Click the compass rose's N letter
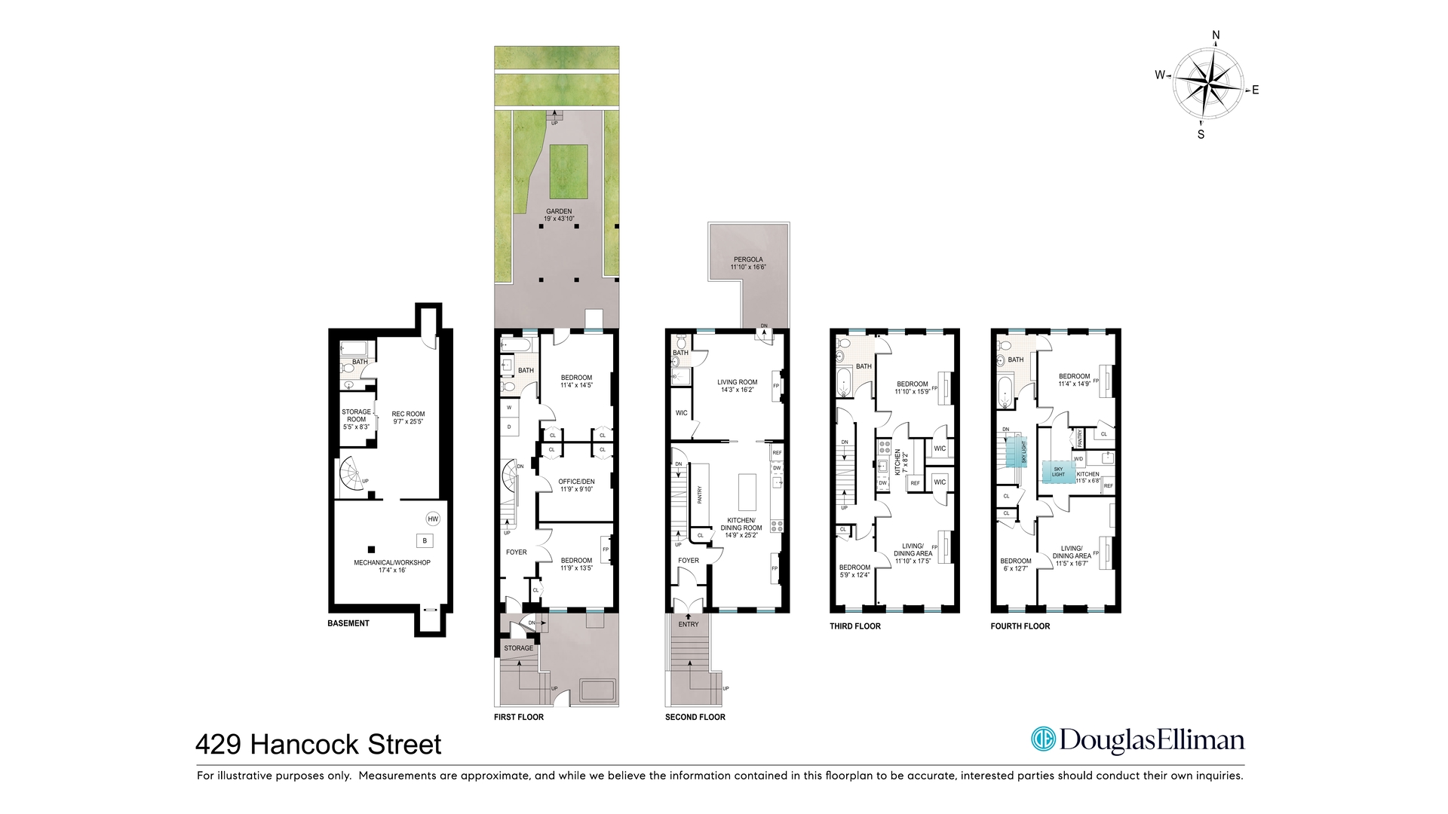(1216, 35)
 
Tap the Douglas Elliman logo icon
(1043, 739)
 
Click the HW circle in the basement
(433, 519)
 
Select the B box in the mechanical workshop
(425, 540)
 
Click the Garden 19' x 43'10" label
(559, 215)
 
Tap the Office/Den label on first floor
(576, 485)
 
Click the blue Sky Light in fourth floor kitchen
(1059, 472)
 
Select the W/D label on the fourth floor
(1078, 458)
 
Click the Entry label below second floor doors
(688, 624)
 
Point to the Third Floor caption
(854, 626)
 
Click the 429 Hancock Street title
(318, 745)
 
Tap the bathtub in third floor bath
(844, 382)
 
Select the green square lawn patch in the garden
(568, 170)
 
